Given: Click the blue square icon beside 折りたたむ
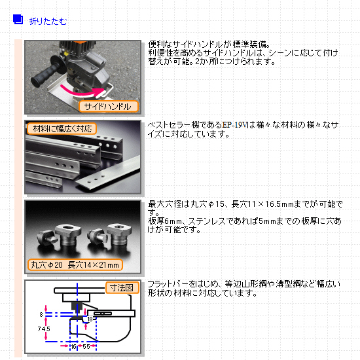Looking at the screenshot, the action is pos(18,19).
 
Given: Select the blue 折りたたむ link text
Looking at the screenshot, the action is pos(48,22).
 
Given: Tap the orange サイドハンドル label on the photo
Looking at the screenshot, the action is pos(109,106).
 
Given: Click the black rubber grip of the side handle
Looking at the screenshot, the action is pos(46,75).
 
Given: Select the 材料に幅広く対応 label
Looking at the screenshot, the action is pos(62,128).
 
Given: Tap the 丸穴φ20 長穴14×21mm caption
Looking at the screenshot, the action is pos(75,265).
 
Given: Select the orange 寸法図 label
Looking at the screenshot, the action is pos(122,287).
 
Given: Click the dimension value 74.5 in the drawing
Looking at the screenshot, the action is pos(44,329).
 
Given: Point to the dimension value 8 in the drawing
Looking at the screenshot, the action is pos(41,315).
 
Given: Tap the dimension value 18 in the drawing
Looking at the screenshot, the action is pos(90,319).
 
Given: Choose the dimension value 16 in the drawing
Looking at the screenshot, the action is pos(73,346).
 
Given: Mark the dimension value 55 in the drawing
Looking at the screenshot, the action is pos(86,346).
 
